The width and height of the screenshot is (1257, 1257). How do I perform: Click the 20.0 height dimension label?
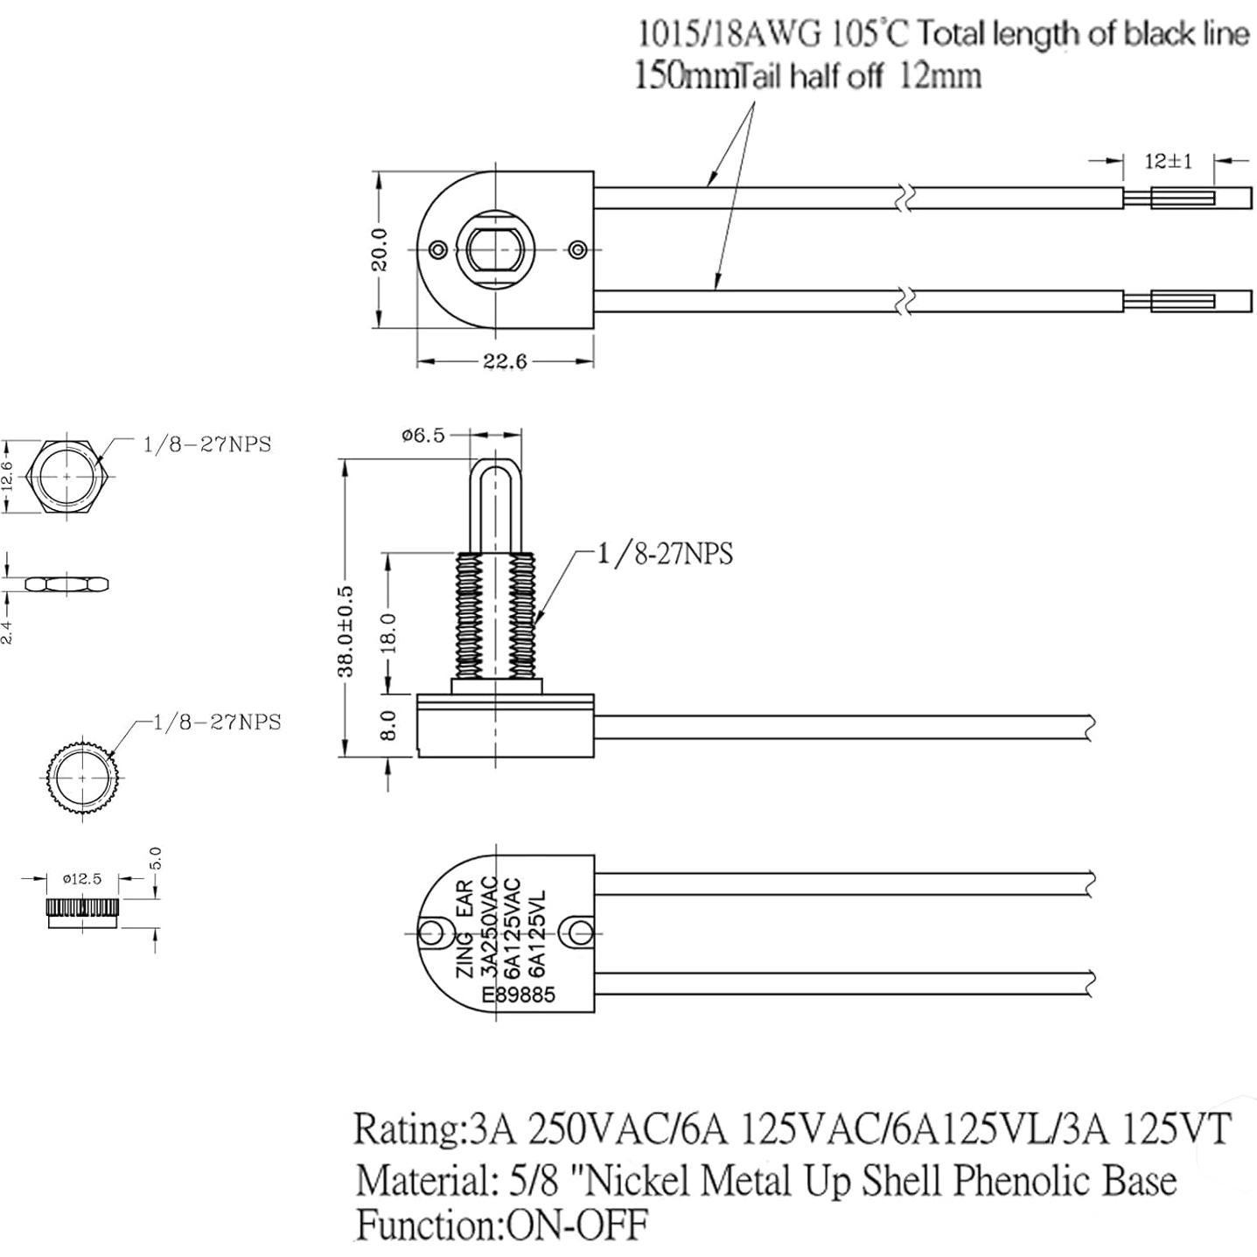pos(380,249)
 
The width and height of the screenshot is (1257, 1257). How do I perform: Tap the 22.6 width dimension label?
pos(505,361)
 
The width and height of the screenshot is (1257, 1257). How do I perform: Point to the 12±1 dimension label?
pos(1168,161)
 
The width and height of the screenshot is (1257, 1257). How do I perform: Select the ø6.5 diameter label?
pos(423,435)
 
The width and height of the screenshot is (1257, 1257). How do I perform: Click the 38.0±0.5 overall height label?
pos(346,631)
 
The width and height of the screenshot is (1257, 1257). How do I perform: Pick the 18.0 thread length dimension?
pos(389,632)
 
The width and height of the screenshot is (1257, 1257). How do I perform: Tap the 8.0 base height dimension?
pos(389,725)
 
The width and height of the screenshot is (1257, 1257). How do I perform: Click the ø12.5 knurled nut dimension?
pos(82,878)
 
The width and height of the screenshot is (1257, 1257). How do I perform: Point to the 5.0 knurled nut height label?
pos(157,858)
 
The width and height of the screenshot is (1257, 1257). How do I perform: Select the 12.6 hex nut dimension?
pos(8,477)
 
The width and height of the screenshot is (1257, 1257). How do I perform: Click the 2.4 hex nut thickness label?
pos(7,628)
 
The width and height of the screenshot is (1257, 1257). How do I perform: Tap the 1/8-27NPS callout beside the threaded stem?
pos(665,554)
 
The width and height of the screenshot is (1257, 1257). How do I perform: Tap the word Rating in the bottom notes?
pos(405,1128)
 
